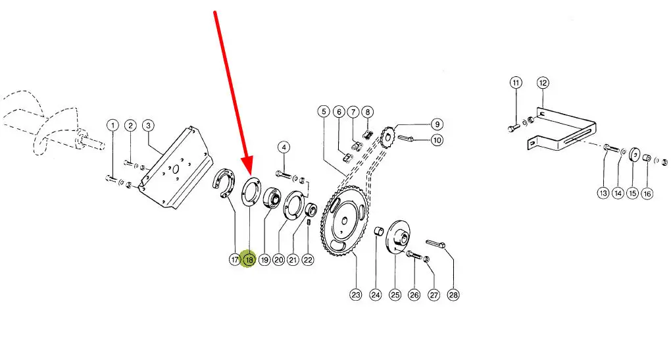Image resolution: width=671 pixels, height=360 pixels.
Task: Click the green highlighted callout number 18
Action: pyautogui.click(x=249, y=259)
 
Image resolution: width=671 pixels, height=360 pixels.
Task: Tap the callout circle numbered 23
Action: pyautogui.click(x=356, y=294)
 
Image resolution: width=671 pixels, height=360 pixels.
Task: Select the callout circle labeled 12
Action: pyautogui.click(x=543, y=83)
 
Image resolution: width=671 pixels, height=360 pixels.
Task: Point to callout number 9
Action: pyautogui.click(x=437, y=124)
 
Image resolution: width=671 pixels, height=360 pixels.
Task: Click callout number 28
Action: pyautogui.click(x=453, y=294)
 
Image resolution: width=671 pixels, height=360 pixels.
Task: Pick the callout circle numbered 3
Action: pyautogui.click(x=148, y=126)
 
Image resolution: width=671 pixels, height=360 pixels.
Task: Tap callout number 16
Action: pyautogui.click(x=647, y=193)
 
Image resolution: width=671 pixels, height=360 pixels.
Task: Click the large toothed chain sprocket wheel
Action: pyautogui.click(x=345, y=221)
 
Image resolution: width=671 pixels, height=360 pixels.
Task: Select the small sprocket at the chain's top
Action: pyautogui.click(x=387, y=137)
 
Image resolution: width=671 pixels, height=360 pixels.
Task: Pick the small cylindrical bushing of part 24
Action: pyautogui.click(x=378, y=231)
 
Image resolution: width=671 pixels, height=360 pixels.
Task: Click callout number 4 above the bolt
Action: pyautogui.click(x=284, y=147)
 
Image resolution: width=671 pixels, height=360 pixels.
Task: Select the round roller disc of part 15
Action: pyautogui.click(x=634, y=155)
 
